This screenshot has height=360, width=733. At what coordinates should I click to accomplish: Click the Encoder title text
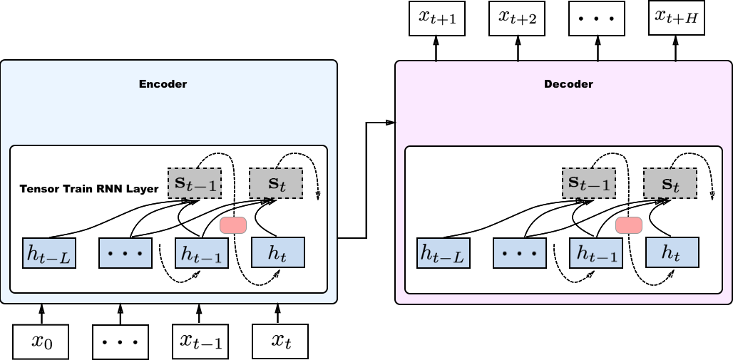[163, 84]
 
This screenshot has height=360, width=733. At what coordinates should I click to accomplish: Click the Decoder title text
[568, 84]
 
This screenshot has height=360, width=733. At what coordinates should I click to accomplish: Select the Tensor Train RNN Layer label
[89, 189]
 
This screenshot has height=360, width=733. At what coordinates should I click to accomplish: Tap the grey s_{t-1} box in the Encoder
[195, 184]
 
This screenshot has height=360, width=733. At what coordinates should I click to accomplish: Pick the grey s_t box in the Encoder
[275, 184]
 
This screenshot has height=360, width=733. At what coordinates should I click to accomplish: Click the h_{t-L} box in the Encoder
[50, 253]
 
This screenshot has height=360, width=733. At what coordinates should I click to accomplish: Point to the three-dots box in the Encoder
[125, 253]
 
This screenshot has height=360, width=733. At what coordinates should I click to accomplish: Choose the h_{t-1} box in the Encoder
[202, 253]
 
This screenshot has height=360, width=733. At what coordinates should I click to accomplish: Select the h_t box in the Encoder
[278, 252]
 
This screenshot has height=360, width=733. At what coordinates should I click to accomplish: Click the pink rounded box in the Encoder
[233, 225]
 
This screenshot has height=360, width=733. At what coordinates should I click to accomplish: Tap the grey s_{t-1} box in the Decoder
[589, 184]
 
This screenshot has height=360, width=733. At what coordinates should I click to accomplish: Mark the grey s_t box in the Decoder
[670, 184]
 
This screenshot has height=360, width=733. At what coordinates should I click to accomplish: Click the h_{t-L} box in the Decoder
[444, 253]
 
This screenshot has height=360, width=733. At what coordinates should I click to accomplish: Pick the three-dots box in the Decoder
[520, 253]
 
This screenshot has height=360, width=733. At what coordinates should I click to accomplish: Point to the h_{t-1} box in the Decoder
[596, 253]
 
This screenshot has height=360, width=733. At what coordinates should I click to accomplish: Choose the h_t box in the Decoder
[672, 252]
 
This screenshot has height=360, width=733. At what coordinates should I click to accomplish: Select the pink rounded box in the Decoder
[629, 225]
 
